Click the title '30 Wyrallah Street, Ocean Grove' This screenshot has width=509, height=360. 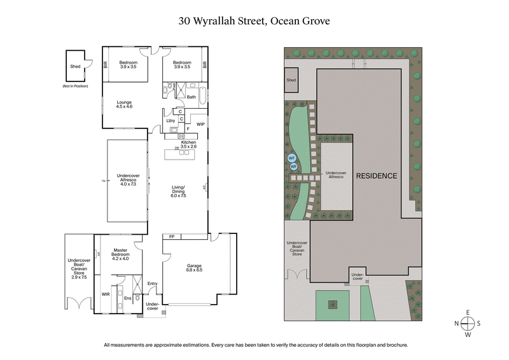point(254,20)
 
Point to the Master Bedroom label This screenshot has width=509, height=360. point(120,255)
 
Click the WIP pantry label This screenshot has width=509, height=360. point(200,124)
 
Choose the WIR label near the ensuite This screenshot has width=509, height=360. point(106,294)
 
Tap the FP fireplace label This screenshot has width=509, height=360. point(172,237)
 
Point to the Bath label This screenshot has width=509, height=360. point(192,97)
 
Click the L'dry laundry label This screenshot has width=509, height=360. point(171,120)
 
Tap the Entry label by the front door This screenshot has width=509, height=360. point(152,284)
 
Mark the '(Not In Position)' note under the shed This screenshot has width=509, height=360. point(75,85)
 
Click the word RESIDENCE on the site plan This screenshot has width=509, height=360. point(376,176)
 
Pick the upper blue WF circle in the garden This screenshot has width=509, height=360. point(291,157)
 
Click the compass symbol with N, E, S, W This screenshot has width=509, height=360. point(468,323)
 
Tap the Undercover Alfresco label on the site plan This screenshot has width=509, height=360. point(337,175)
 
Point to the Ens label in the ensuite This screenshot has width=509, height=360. point(128,298)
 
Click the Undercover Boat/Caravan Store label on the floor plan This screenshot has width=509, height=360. point(79,267)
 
